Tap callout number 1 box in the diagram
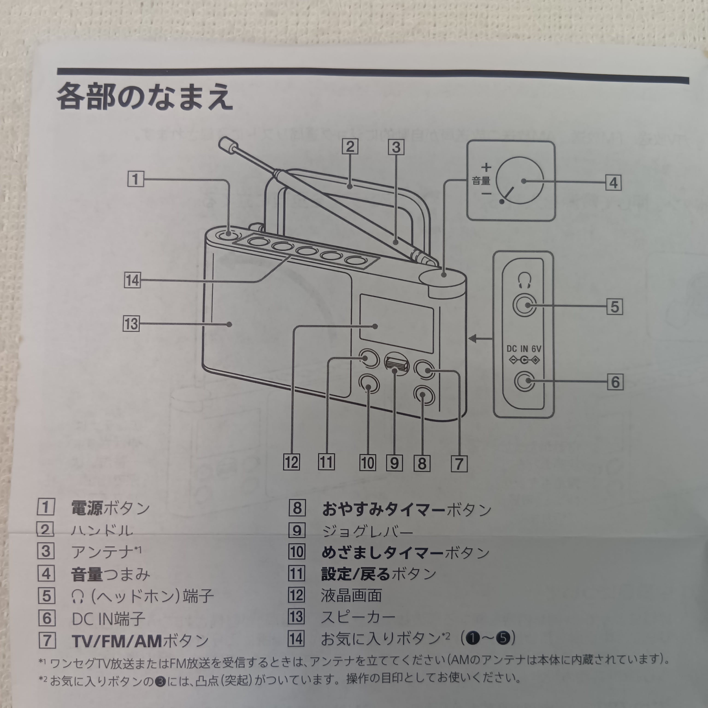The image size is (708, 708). point(135,179)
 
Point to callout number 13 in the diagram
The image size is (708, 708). point(131,324)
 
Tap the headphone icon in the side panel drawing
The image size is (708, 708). point(524,281)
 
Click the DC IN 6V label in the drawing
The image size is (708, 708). point(524,348)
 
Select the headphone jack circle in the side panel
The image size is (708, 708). point(524,305)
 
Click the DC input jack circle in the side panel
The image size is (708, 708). point(524,381)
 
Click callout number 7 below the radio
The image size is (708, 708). point(459,463)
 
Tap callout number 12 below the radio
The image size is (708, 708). point(291,462)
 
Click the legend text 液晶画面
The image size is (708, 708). point(351,595)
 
